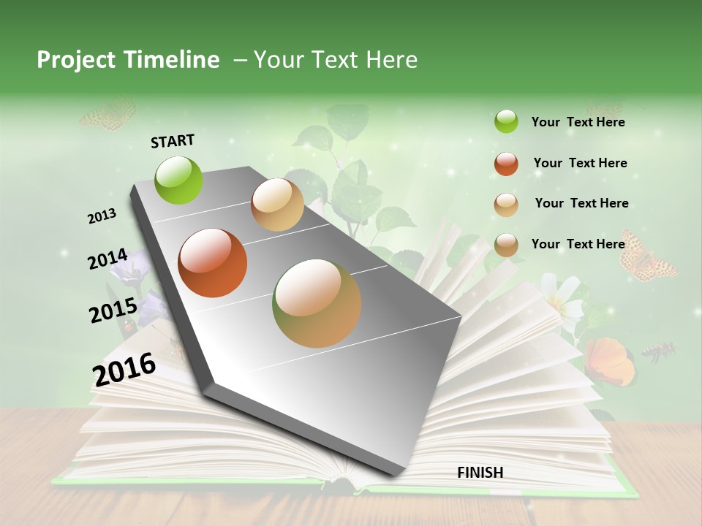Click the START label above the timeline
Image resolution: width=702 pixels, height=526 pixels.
tap(173, 141)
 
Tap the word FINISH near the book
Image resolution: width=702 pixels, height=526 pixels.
tap(480, 473)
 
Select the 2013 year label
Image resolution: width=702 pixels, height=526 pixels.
tap(102, 216)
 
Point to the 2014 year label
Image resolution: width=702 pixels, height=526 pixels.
tap(108, 259)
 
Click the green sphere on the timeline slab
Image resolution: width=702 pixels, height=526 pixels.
tap(179, 180)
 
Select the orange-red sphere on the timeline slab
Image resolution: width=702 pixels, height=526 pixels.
tap(212, 263)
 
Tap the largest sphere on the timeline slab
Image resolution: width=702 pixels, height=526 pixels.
tap(317, 303)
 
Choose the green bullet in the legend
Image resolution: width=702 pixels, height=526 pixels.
tap(506, 121)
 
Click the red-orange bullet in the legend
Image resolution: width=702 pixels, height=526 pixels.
tap(506, 164)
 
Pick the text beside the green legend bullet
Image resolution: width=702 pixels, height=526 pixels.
tap(578, 123)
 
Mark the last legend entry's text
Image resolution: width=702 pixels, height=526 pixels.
tap(578, 244)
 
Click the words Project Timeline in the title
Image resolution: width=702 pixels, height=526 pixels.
tap(128, 60)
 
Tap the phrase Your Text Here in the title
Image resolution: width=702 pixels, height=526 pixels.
tap(336, 60)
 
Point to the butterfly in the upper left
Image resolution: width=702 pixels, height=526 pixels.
tap(108, 115)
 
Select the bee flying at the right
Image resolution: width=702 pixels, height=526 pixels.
tap(658, 351)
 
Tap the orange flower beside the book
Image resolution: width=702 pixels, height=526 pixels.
tap(608, 360)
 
